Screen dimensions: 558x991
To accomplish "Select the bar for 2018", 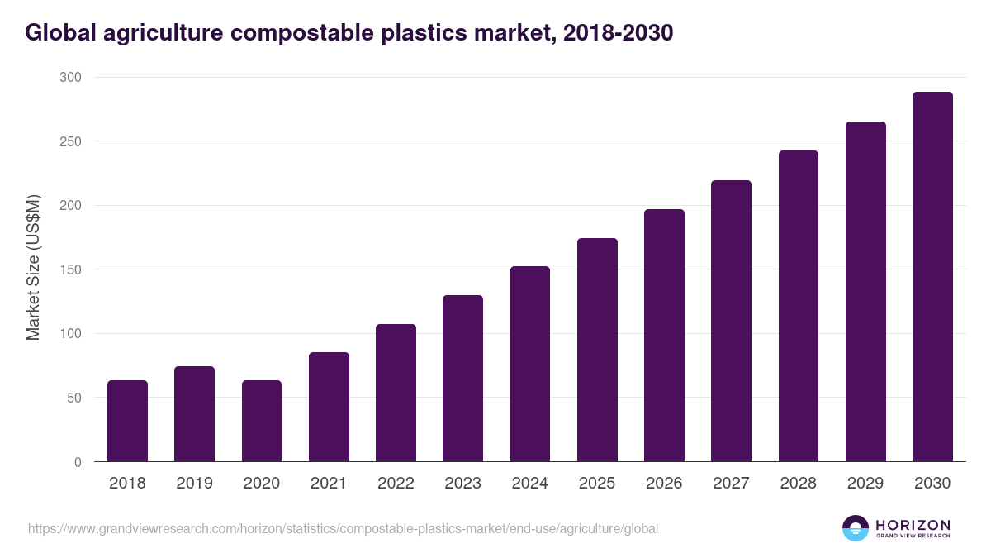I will (x=127, y=421).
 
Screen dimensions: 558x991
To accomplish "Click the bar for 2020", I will (x=262, y=421).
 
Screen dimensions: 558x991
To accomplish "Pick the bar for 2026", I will (x=664, y=335).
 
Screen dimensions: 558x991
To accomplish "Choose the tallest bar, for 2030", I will (x=932, y=276).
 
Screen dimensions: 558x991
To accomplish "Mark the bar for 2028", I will (x=798, y=306).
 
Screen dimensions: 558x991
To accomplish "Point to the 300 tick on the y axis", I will (x=72, y=78).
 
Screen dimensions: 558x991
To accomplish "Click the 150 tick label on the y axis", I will (x=72, y=269).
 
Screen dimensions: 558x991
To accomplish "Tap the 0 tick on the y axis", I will (x=78, y=462).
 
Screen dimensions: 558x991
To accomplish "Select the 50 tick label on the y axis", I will (x=75, y=398).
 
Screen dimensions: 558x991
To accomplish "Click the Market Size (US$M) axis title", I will (x=33, y=268).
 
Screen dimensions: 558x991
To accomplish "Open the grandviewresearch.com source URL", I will (x=343, y=528).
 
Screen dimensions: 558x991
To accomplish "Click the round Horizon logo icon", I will (x=856, y=528).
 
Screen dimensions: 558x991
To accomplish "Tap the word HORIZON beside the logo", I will (x=913, y=524).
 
